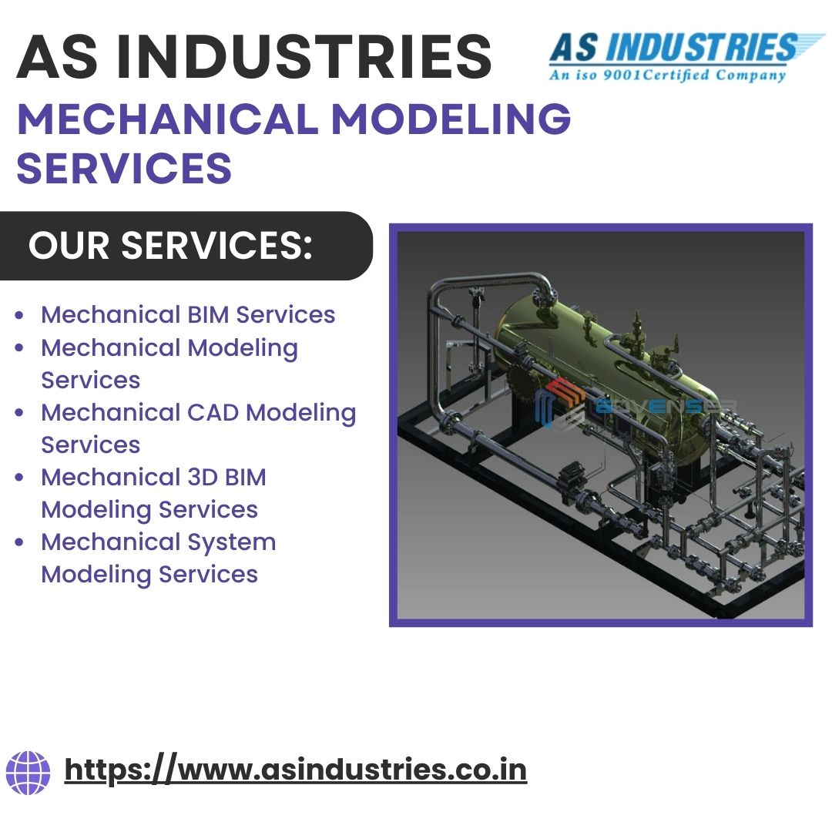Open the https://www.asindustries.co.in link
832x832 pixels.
tap(296, 770)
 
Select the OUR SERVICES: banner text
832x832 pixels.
tap(171, 246)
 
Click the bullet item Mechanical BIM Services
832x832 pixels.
tap(188, 314)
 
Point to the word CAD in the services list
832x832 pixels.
tap(216, 412)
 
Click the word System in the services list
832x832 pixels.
tap(231, 542)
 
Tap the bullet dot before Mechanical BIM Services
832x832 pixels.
tap(20, 315)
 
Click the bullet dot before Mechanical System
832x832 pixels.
tap(20, 542)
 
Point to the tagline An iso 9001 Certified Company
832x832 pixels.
tap(667, 75)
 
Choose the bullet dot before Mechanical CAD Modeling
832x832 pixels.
tap(20, 413)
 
